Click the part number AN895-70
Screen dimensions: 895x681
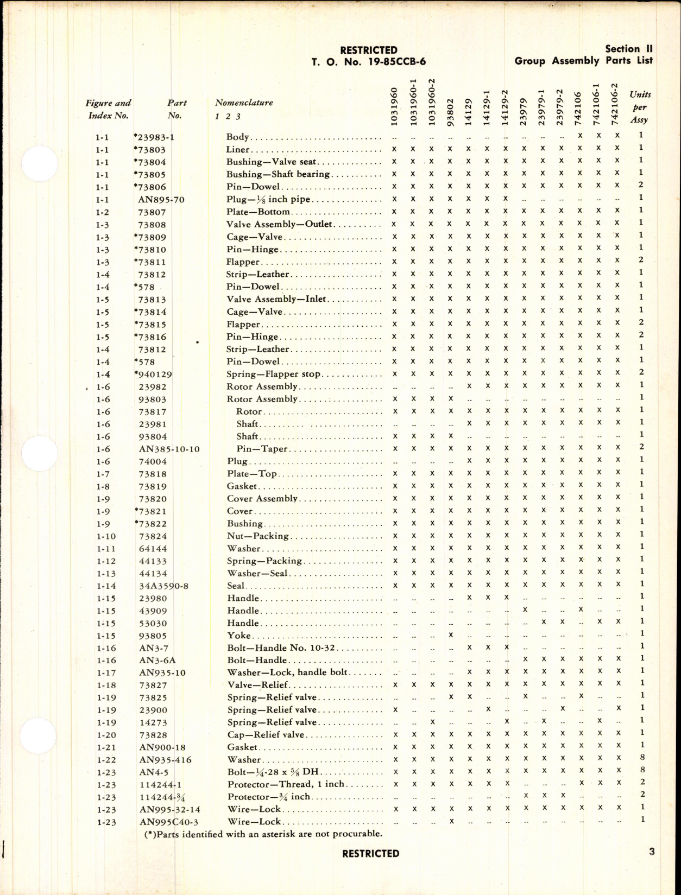161,200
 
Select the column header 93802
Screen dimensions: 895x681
450,112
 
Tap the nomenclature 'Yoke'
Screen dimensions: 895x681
239,636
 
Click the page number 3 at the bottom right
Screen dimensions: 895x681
652,852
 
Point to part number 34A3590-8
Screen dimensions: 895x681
163,586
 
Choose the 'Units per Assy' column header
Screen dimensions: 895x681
640,107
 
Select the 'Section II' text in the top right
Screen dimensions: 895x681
628,48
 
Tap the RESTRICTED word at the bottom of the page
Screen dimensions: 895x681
370,854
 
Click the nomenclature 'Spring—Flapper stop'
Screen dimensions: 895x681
273,374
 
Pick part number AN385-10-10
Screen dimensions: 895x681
169,449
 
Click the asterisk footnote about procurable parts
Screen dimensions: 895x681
263,834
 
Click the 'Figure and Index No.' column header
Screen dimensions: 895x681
108,109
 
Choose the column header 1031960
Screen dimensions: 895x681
394,106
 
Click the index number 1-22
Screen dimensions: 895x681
106,760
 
